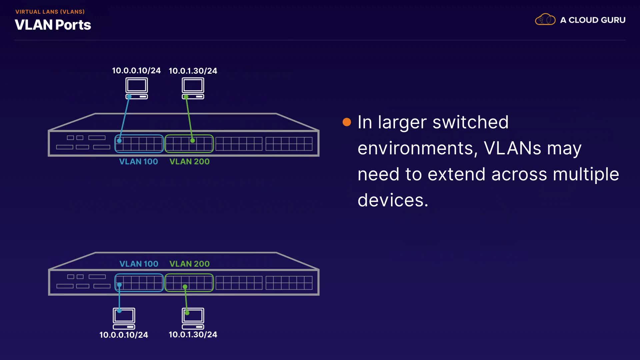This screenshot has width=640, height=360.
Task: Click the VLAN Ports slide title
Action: click(53, 25)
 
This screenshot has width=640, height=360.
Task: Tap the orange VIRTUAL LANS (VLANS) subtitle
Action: click(50, 12)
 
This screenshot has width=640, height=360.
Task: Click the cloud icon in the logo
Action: click(545, 20)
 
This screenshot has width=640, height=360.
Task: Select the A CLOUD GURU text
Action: click(593, 20)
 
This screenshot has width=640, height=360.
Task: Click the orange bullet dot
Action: click(347, 122)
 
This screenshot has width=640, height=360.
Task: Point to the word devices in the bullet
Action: click(393, 200)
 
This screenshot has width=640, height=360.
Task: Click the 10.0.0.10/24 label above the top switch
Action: click(136, 71)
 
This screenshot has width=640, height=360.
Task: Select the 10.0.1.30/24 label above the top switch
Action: click(193, 71)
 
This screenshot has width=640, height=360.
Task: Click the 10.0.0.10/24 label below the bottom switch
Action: click(124, 335)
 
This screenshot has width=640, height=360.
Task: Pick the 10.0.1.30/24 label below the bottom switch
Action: click(193, 334)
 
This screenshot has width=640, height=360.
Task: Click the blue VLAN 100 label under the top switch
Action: click(138, 162)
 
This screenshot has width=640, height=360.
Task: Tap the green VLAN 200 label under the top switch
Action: click(189, 162)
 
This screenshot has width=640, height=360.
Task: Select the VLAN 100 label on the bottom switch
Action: click(139, 264)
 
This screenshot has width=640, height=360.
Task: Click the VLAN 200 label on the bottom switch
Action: click(189, 264)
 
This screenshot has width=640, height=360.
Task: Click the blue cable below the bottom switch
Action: click(119, 298)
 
